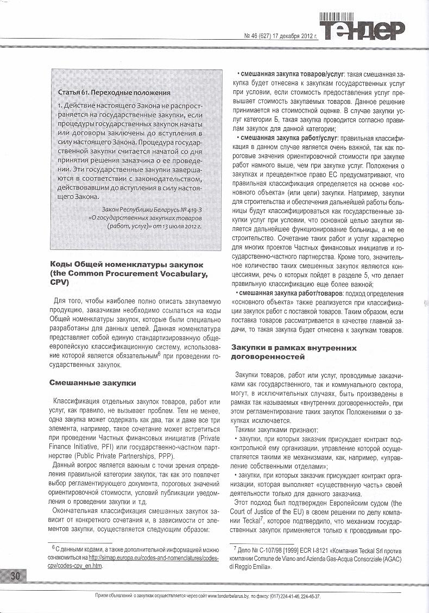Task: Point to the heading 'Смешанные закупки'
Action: (x=92, y=383)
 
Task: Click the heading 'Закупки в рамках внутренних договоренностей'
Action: (x=294, y=352)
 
